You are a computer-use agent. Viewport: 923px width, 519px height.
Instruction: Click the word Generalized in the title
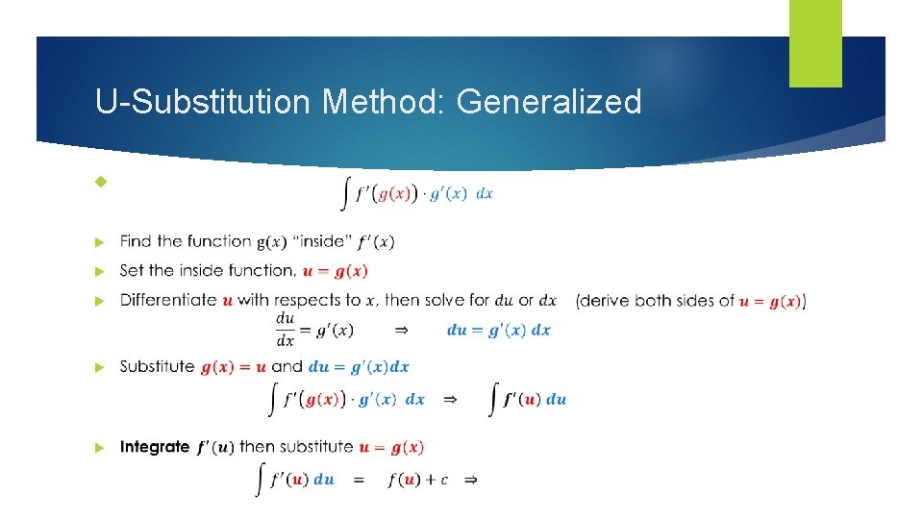[549, 101]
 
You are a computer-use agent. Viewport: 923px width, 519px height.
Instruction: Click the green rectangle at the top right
[815, 43]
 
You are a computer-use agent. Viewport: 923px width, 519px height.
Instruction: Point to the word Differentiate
[168, 300]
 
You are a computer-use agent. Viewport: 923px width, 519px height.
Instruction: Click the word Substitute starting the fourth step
[157, 366]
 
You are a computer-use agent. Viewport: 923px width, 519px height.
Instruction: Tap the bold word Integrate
[155, 447]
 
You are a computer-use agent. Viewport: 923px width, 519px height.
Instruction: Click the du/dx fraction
[286, 329]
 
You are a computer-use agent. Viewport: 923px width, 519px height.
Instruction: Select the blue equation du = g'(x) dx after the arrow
[499, 330]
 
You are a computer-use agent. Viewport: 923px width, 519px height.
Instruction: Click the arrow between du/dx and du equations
[401, 330]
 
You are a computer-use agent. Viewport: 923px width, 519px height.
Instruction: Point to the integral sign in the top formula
[346, 193]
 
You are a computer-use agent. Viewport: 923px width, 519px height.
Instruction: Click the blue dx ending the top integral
[485, 193]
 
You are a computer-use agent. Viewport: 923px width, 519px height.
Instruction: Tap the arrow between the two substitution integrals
[449, 400]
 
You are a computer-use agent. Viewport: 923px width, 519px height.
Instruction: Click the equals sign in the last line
[358, 480]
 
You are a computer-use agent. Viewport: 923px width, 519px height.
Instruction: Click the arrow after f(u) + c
[471, 480]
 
